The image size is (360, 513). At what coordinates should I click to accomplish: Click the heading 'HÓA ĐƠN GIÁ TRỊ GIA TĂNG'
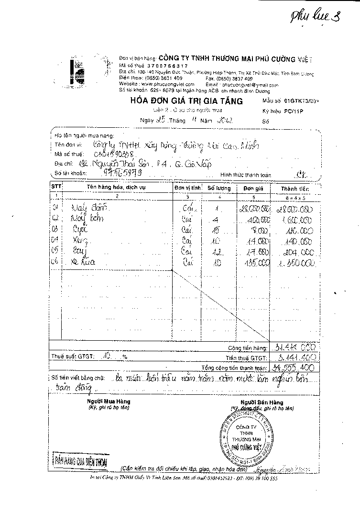pyautogui.click(x=186, y=101)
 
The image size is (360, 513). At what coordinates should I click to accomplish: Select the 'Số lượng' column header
pyautogui.click(x=218, y=188)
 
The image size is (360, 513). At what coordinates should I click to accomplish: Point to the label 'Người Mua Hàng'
pyautogui.click(x=109, y=401)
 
